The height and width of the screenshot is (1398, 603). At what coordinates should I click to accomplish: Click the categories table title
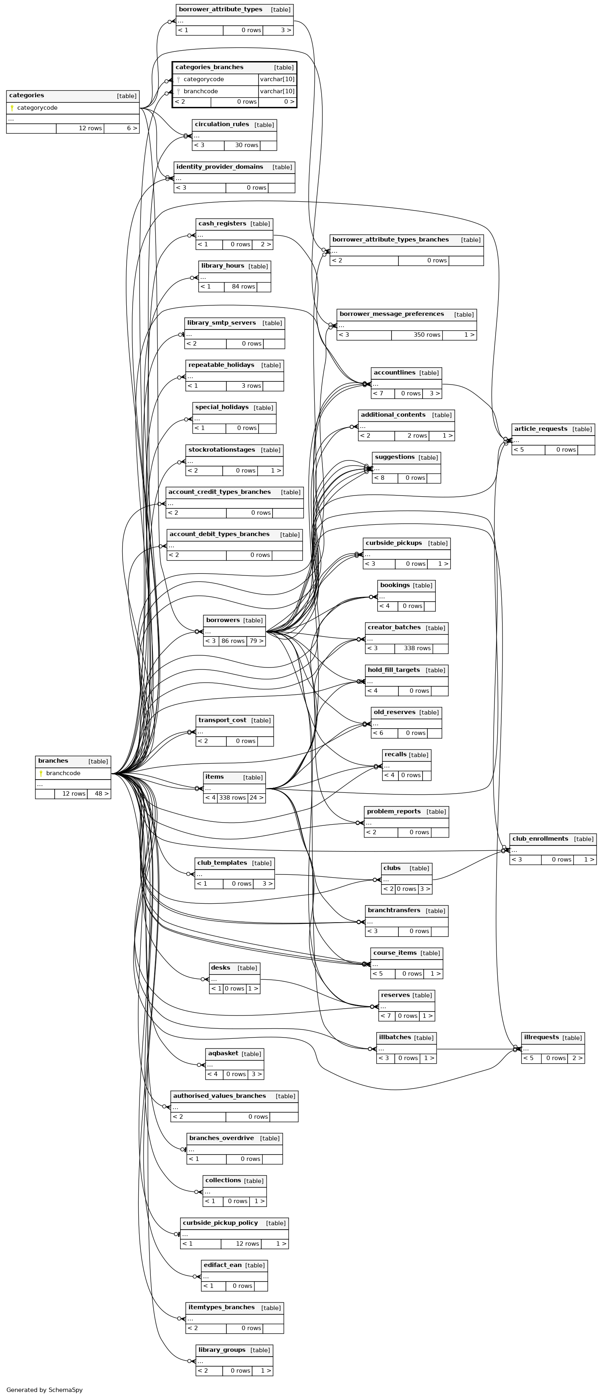27,96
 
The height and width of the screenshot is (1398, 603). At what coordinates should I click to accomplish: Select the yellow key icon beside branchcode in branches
41,774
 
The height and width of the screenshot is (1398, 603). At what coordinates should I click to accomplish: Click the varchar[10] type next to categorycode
277,79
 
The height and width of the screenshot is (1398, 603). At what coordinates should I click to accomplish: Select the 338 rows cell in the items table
232,798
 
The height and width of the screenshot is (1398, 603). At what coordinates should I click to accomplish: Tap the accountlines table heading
395,373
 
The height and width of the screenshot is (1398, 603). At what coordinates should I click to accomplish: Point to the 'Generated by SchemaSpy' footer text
45,1390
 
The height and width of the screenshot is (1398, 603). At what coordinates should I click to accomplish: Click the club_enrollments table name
540,839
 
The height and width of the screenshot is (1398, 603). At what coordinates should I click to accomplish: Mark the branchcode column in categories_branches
201,91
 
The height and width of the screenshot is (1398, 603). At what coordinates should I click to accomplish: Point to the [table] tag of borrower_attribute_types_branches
470,240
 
